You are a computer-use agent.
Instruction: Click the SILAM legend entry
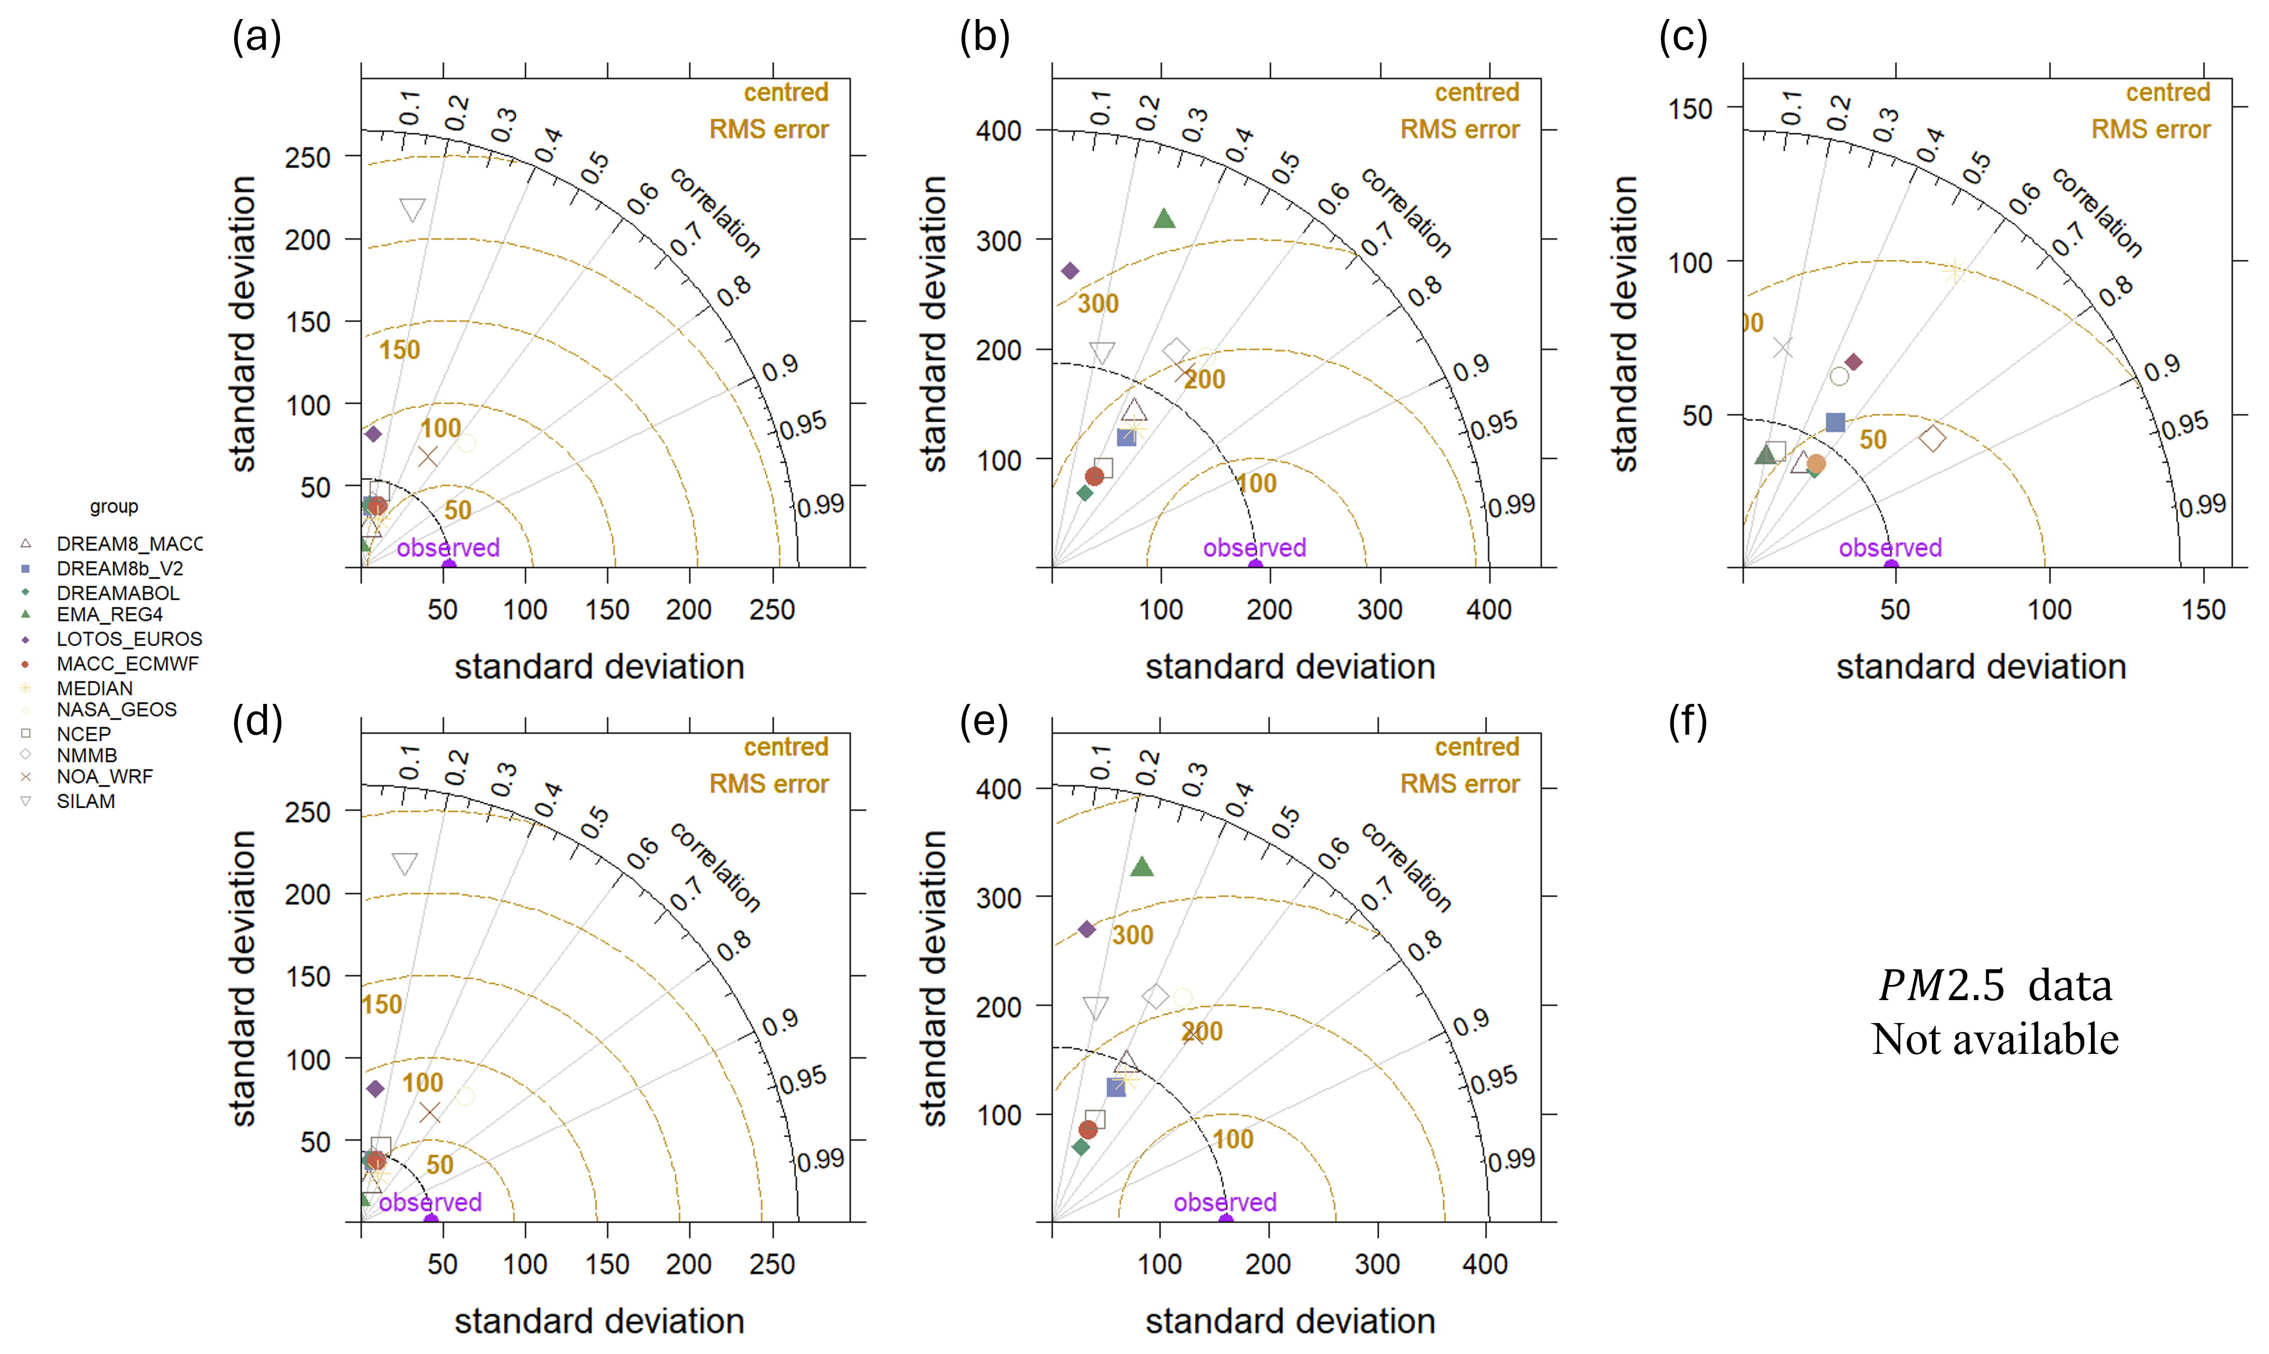point(86,801)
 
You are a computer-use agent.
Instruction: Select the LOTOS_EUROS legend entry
point(129,639)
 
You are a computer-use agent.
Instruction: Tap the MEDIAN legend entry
point(94,688)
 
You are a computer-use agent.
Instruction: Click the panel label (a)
point(256,38)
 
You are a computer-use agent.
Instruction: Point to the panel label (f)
point(1687,722)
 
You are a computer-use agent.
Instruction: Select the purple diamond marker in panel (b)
point(1070,271)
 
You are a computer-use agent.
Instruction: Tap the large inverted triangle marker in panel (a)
point(412,210)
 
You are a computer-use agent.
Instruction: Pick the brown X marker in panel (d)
point(429,1112)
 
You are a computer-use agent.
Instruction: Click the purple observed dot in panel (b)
point(1255,567)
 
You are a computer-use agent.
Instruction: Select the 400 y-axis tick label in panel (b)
point(998,132)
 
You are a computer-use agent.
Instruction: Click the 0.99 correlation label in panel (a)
point(820,506)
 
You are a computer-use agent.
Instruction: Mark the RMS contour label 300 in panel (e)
point(1132,935)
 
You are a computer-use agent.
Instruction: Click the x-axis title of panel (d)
point(599,1321)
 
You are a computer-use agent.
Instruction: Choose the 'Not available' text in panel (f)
point(1995,1039)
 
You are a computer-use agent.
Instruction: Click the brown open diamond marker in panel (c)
point(1931,439)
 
